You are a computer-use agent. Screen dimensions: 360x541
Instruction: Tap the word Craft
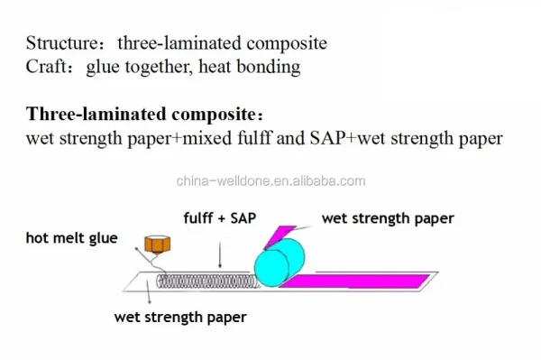coord(42,66)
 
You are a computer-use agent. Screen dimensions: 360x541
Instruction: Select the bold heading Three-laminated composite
coord(144,115)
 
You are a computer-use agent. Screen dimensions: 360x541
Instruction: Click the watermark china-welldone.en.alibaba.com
coord(270,180)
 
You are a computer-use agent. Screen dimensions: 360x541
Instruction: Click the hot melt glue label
coord(71,238)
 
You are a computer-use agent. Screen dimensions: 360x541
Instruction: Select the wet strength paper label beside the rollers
coord(388,218)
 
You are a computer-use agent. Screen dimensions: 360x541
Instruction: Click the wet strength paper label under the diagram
coord(180,318)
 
